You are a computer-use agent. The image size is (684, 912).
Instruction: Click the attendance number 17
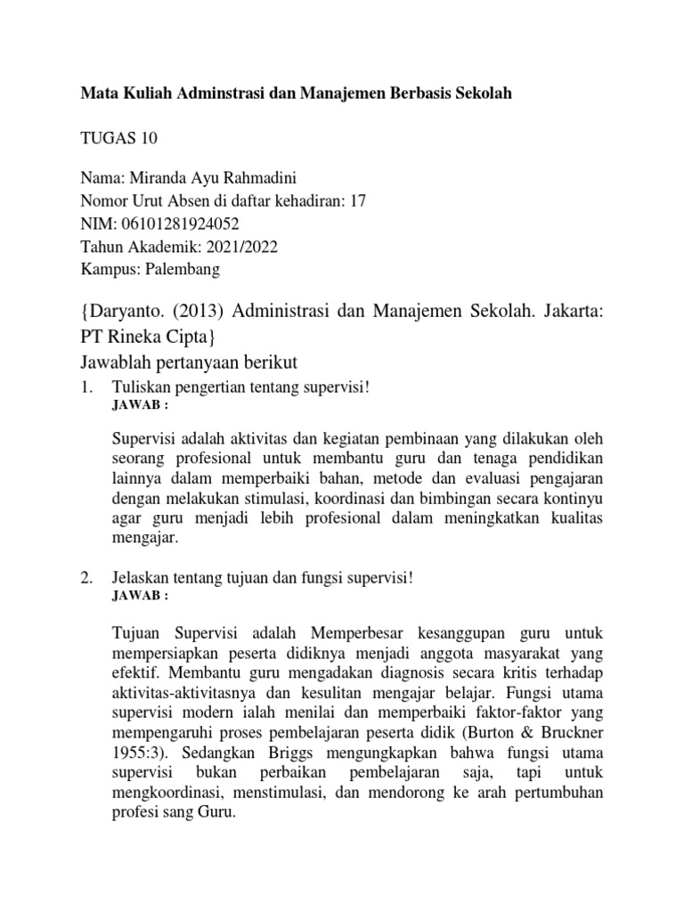point(358,201)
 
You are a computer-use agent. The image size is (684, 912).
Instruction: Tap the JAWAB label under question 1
point(140,404)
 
